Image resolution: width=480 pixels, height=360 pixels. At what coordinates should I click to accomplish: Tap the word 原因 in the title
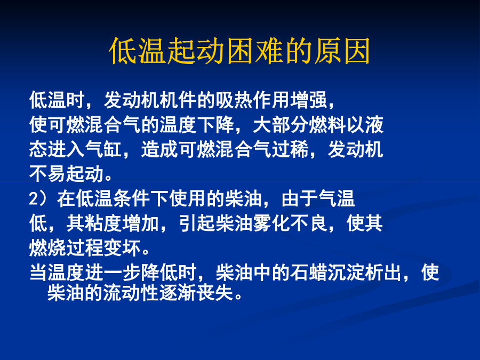pyautogui.click(x=342, y=51)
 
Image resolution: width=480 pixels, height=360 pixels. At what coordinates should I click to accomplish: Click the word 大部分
pyautogui.click(x=281, y=125)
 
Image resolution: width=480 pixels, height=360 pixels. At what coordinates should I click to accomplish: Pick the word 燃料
pyautogui.click(x=327, y=125)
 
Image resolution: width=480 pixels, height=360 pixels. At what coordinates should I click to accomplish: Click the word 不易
pyautogui.click(x=48, y=174)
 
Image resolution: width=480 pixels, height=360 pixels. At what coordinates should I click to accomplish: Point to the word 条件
pyautogui.click(x=132, y=199)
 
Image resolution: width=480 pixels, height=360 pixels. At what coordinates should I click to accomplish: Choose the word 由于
pyautogui.click(x=300, y=199)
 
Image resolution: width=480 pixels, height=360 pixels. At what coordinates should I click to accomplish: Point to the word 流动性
pyautogui.click(x=131, y=293)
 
